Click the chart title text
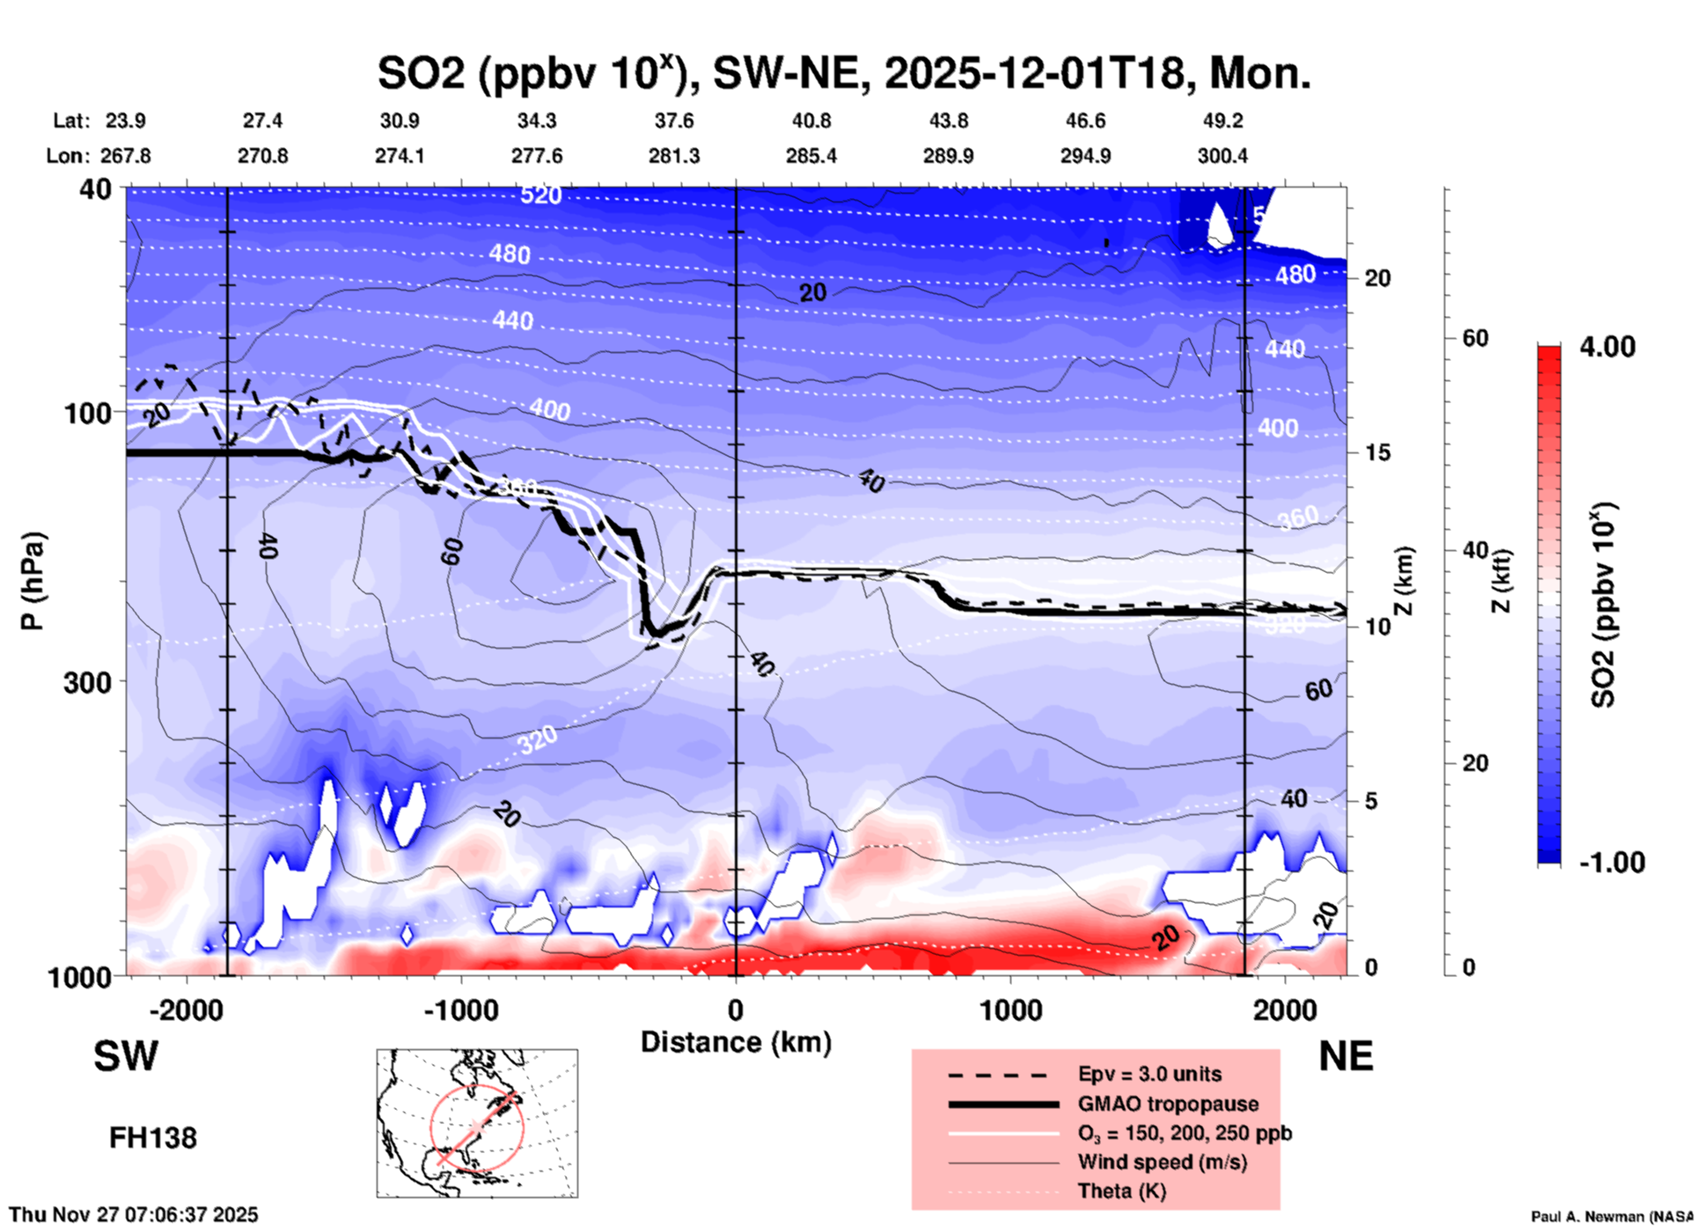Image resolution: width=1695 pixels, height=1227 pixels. click(843, 73)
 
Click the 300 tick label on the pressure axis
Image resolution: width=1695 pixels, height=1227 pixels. click(88, 682)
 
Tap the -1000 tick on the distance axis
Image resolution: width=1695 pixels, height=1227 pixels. click(461, 1010)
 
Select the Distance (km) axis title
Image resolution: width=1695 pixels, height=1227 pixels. click(736, 1042)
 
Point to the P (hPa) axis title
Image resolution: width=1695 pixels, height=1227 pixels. click(33, 581)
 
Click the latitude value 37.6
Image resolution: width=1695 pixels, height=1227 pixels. click(674, 121)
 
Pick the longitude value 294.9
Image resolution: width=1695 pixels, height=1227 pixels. click(1085, 156)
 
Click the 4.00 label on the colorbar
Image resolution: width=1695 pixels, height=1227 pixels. click(1607, 347)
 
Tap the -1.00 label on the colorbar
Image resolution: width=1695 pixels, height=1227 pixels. click(1611, 863)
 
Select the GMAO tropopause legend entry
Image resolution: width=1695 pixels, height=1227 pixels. click(1168, 1104)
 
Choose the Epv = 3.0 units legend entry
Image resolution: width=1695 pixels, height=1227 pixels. click(1149, 1074)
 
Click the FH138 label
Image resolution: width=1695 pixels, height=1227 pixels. click(153, 1138)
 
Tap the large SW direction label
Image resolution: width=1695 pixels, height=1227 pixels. click(126, 1056)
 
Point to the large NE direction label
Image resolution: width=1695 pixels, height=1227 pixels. click(1346, 1056)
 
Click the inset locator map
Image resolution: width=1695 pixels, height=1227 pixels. click(477, 1122)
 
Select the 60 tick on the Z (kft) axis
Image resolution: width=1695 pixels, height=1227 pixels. click(1475, 338)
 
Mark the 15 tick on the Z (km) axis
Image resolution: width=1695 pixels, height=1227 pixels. click(1377, 452)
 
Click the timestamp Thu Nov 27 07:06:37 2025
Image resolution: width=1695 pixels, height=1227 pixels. click(134, 1215)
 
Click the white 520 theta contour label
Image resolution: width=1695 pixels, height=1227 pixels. click(540, 195)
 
